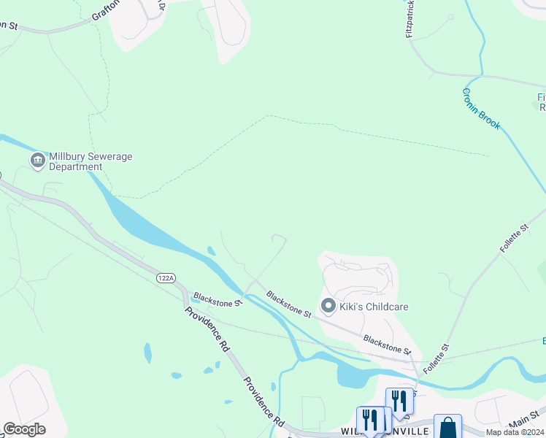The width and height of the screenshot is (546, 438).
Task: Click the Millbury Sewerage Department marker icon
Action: (x=36, y=160)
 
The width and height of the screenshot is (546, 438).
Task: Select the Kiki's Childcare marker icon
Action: (x=328, y=306)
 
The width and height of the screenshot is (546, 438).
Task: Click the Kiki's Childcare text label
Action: (x=374, y=307)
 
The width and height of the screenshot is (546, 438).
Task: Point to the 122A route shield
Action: (x=166, y=278)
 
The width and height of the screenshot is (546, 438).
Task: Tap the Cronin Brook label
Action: (x=481, y=109)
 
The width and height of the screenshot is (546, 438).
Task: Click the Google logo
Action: (x=24, y=429)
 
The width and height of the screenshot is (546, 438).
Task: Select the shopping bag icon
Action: (x=447, y=427)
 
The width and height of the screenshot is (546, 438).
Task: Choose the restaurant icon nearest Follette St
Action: (x=399, y=401)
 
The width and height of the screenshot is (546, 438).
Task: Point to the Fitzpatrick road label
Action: (x=412, y=19)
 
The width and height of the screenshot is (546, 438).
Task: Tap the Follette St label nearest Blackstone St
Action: (x=436, y=357)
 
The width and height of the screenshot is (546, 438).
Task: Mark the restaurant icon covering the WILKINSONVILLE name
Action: (x=370, y=421)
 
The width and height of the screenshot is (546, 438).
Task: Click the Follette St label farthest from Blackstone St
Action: (x=514, y=239)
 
